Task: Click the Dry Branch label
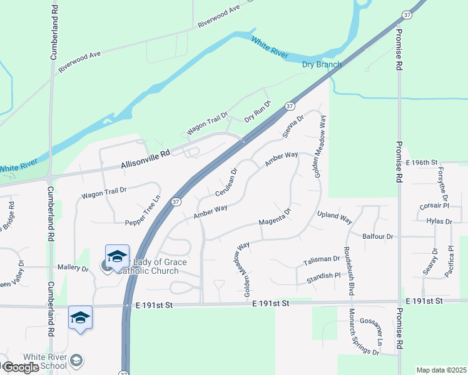322,64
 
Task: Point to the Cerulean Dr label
227,181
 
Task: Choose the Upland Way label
335,216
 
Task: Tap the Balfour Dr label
377,237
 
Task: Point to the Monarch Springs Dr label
364,332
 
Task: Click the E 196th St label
421,162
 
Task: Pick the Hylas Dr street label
438,221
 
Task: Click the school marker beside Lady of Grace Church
117,257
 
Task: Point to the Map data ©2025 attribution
441,370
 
